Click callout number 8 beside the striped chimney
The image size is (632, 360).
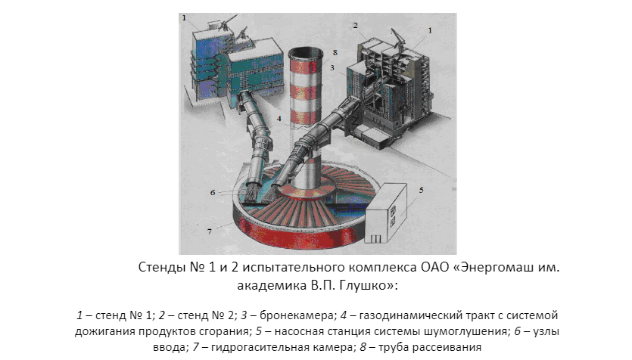pos(335,53)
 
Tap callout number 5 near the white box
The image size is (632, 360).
pos(421,190)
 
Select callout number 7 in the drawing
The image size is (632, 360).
pos(209,231)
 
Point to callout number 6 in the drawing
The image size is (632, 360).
pos(213,193)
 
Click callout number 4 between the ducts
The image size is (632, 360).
pos(279,119)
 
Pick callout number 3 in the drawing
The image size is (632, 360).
pos(332,67)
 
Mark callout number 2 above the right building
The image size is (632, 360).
pos(355,26)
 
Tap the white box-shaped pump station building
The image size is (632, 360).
pos(387,213)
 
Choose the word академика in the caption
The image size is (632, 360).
pos(272,285)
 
